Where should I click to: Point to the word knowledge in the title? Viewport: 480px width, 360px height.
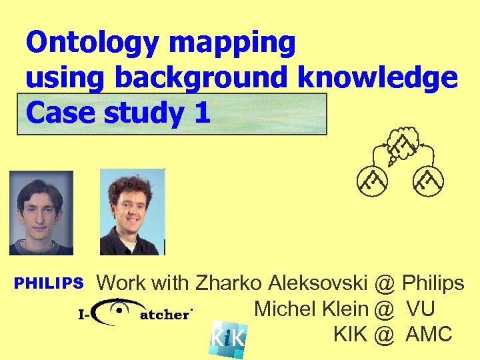(379, 79)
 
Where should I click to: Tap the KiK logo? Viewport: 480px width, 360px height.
(228, 339)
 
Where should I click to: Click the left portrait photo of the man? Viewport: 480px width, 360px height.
(41, 213)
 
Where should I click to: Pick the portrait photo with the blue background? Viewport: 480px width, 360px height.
(132, 211)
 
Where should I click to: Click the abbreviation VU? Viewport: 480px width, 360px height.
(421, 309)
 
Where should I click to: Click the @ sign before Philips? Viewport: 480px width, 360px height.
(384, 283)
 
